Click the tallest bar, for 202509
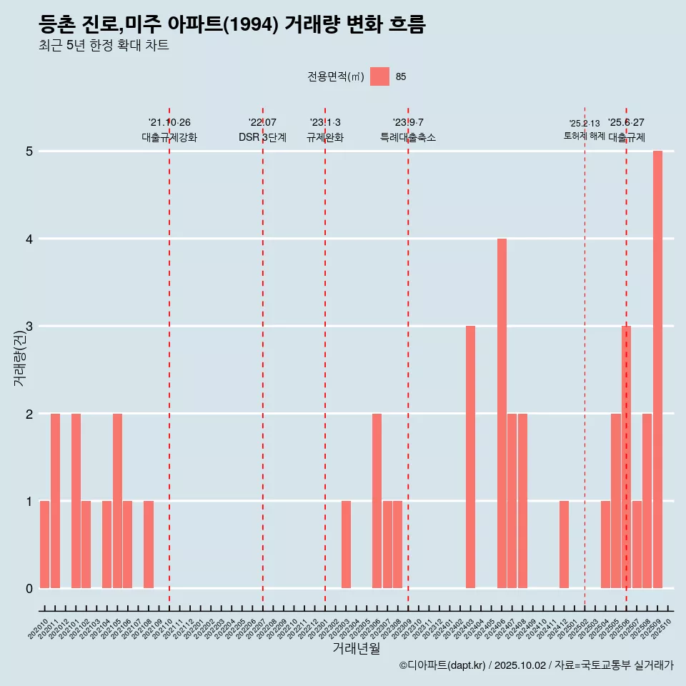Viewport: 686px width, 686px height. (657, 369)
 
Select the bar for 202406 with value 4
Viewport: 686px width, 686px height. (502, 413)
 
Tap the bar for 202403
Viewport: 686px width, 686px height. (470, 457)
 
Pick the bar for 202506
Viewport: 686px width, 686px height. (626, 457)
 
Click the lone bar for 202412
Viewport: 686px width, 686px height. (564, 545)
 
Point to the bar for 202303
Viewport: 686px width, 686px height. (346, 545)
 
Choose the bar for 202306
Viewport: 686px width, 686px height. (377, 501)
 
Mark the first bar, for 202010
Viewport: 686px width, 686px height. (44, 545)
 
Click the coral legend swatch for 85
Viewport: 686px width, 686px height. (379, 76)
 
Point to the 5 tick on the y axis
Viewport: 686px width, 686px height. (29, 151)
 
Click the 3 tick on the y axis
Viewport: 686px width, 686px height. (29, 327)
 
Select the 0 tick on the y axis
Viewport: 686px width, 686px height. (29, 589)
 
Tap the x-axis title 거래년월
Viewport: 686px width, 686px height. (356, 648)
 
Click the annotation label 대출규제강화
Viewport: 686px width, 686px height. (169, 137)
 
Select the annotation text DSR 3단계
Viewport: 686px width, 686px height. (262, 137)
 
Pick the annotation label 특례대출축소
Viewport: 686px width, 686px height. (408, 137)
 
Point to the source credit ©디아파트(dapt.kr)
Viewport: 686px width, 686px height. (442, 665)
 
